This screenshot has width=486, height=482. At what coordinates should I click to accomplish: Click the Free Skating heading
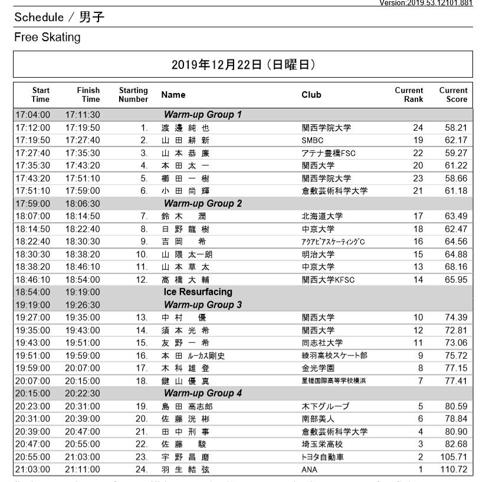[x=47, y=38]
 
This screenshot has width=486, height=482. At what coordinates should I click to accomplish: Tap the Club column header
[x=311, y=94]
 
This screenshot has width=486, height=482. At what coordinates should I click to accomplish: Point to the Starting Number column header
[x=133, y=94]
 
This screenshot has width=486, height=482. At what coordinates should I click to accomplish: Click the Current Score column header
[x=453, y=94]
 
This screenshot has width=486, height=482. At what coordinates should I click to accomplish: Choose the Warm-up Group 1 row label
[x=202, y=114]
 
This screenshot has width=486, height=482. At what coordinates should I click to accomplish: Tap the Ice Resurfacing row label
[x=198, y=292]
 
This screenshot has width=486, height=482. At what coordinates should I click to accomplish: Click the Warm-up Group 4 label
[x=202, y=393]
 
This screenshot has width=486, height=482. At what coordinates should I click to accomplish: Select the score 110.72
[x=454, y=470]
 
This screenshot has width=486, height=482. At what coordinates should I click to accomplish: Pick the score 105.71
[x=454, y=457]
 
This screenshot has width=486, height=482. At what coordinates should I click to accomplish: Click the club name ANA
[x=310, y=470]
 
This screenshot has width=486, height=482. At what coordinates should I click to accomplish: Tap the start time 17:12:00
[x=33, y=127]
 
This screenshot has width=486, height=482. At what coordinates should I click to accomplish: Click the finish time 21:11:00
[x=83, y=470]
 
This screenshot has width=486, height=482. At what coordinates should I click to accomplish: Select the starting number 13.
[x=142, y=318]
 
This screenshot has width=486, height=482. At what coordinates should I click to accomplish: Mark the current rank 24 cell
[x=418, y=127]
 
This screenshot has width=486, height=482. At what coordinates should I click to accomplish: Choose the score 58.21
[x=456, y=127]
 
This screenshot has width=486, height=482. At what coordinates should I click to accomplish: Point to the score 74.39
[x=456, y=318]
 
